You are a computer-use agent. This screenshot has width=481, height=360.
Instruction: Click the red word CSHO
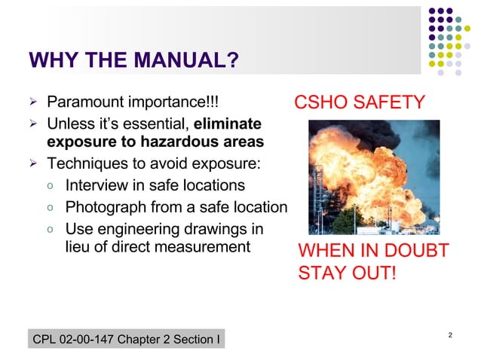(322, 102)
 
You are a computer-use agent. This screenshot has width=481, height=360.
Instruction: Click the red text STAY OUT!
(346, 272)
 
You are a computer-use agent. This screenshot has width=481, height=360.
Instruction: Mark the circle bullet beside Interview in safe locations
(49, 186)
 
